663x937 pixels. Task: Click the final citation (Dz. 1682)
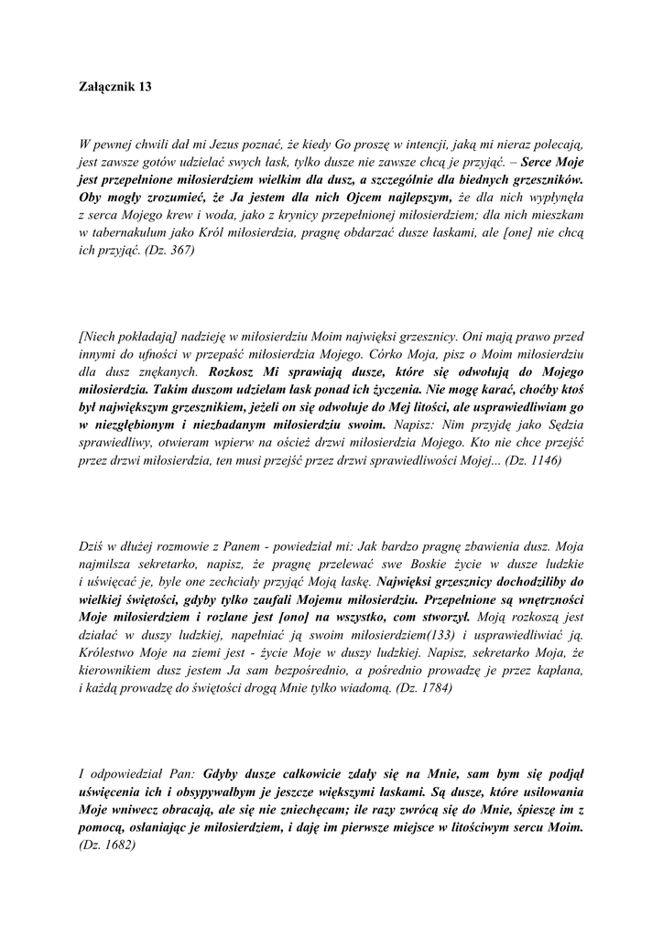108,845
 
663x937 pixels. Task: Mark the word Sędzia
560,425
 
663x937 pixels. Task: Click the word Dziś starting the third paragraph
93,547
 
